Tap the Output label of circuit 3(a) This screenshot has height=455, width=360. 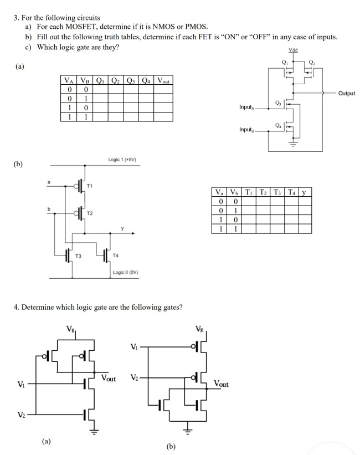coord(344,94)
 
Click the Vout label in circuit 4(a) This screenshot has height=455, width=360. coord(109,379)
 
